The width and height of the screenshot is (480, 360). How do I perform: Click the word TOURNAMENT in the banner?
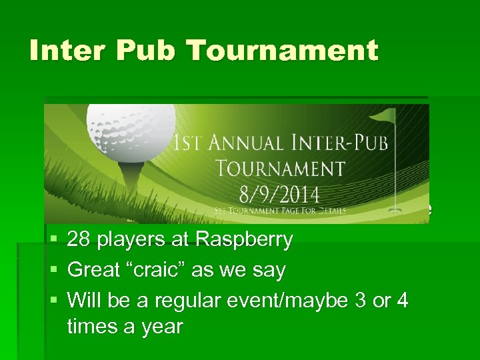coord(283,169)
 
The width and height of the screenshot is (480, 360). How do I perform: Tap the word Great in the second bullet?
coord(94,270)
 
